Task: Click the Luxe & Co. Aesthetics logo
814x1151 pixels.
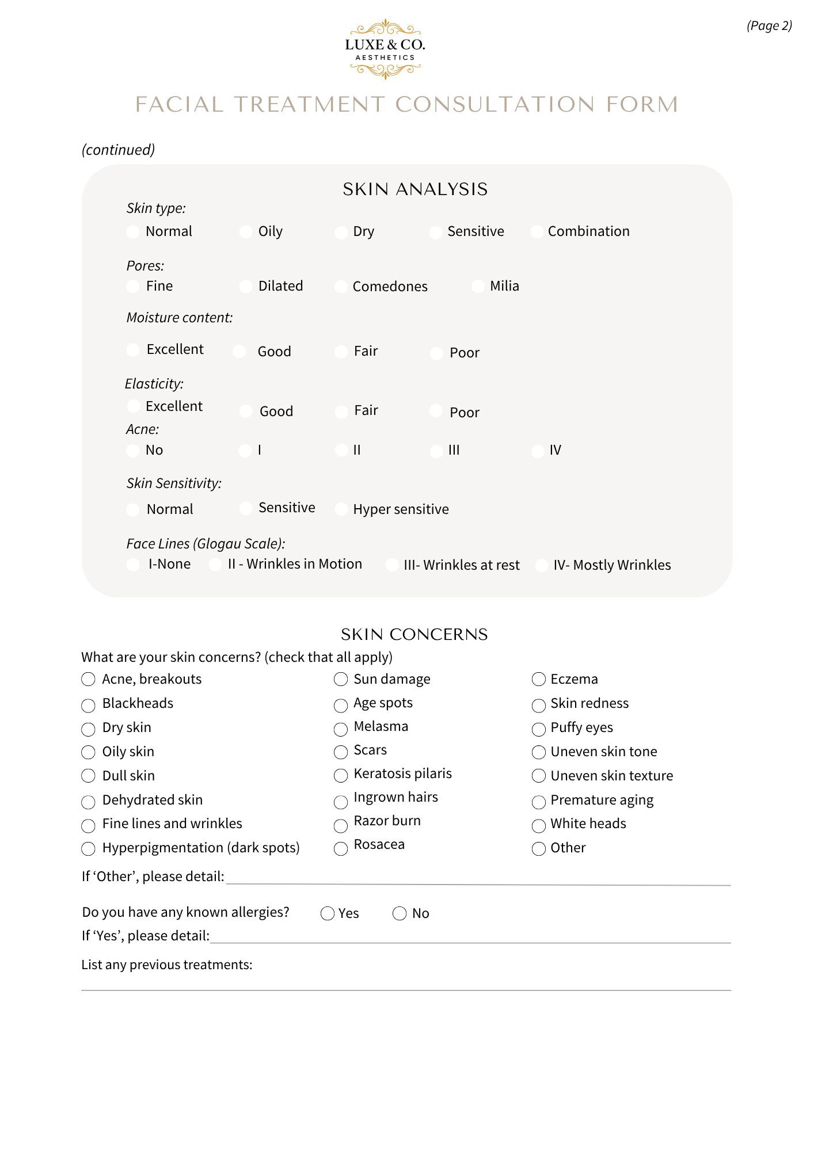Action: pyautogui.click(x=385, y=49)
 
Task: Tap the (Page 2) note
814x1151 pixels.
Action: pyautogui.click(x=769, y=26)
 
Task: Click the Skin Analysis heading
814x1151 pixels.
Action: pyautogui.click(x=415, y=189)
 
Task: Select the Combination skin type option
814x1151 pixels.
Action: pyautogui.click(x=537, y=231)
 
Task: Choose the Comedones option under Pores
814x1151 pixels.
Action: pyautogui.click(x=341, y=287)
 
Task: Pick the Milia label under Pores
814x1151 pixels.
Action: pyautogui.click(x=504, y=286)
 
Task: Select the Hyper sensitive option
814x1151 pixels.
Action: pyautogui.click(x=341, y=509)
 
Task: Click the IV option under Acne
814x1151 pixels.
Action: pyautogui.click(x=538, y=451)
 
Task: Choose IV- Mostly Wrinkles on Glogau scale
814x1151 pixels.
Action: pyautogui.click(x=542, y=565)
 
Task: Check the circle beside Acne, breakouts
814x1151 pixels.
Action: pyautogui.click(x=88, y=680)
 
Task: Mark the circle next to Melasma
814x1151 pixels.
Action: pyautogui.click(x=341, y=729)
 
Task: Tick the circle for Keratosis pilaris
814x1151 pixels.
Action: pyautogui.click(x=341, y=776)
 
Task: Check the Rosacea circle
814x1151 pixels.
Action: pyautogui.click(x=341, y=848)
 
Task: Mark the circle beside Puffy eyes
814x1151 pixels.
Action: pyautogui.click(x=539, y=729)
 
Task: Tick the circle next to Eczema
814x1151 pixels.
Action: pyautogui.click(x=539, y=680)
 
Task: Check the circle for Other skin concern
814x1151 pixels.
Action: pyautogui.click(x=539, y=849)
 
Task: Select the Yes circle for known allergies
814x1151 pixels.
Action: pyautogui.click(x=328, y=913)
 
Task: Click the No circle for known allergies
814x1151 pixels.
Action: pyautogui.click(x=400, y=913)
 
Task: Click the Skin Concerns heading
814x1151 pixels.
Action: pyautogui.click(x=414, y=634)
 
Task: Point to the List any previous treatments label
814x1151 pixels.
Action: pyautogui.click(x=167, y=965)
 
